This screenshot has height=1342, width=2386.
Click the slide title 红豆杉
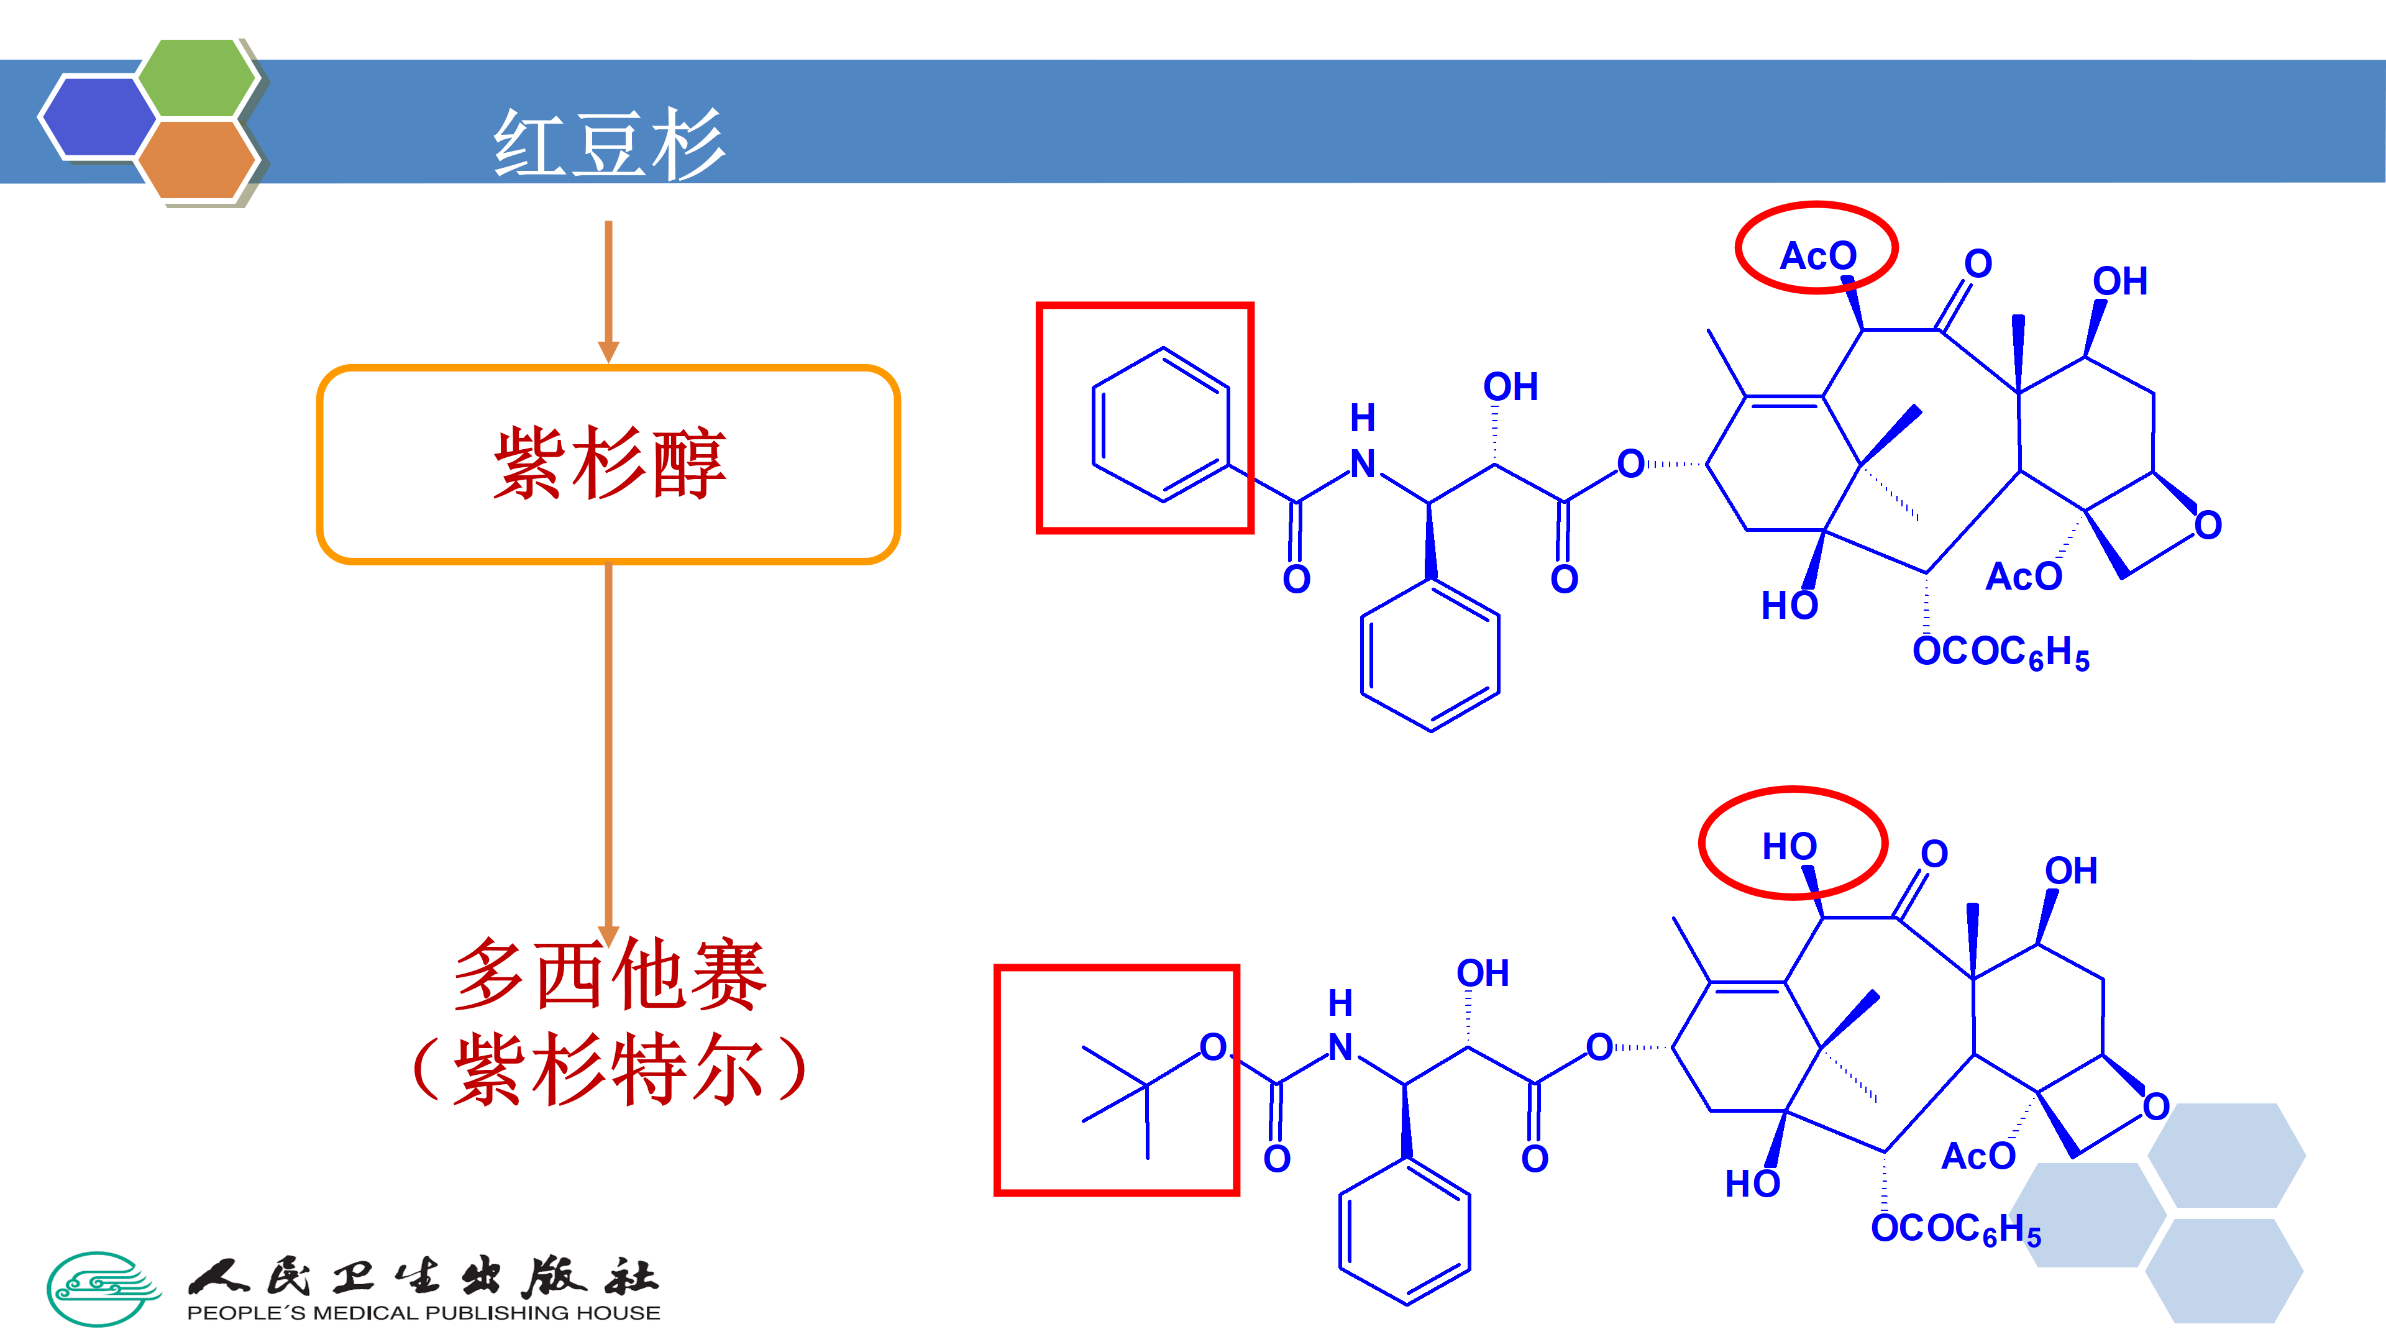point(608,144)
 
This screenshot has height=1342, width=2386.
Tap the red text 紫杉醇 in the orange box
point(608,463)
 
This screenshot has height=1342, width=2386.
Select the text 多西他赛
point(608,974)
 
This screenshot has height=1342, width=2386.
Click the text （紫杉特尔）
point(608,1070)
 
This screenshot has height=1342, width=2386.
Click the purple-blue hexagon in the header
point(98,117)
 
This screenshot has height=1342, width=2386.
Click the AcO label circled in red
point(1817,255)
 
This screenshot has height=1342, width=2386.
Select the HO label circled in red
point(1789,846)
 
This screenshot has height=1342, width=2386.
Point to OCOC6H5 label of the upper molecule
point(2001,653)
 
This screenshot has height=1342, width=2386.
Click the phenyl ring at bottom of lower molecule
point(1404,1232)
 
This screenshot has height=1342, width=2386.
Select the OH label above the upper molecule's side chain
point(1510,387)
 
